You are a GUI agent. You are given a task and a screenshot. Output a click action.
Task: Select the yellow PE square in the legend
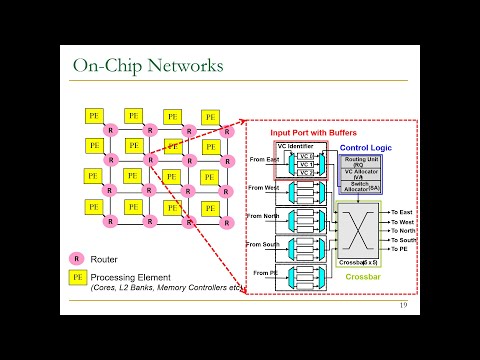pos(75,276)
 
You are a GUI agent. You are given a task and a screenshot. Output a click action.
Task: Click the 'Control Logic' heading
pos(365,148)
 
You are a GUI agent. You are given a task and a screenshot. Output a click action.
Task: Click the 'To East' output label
pos(402,212)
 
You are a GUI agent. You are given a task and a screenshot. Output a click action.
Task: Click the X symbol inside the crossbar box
pos(361,233)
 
